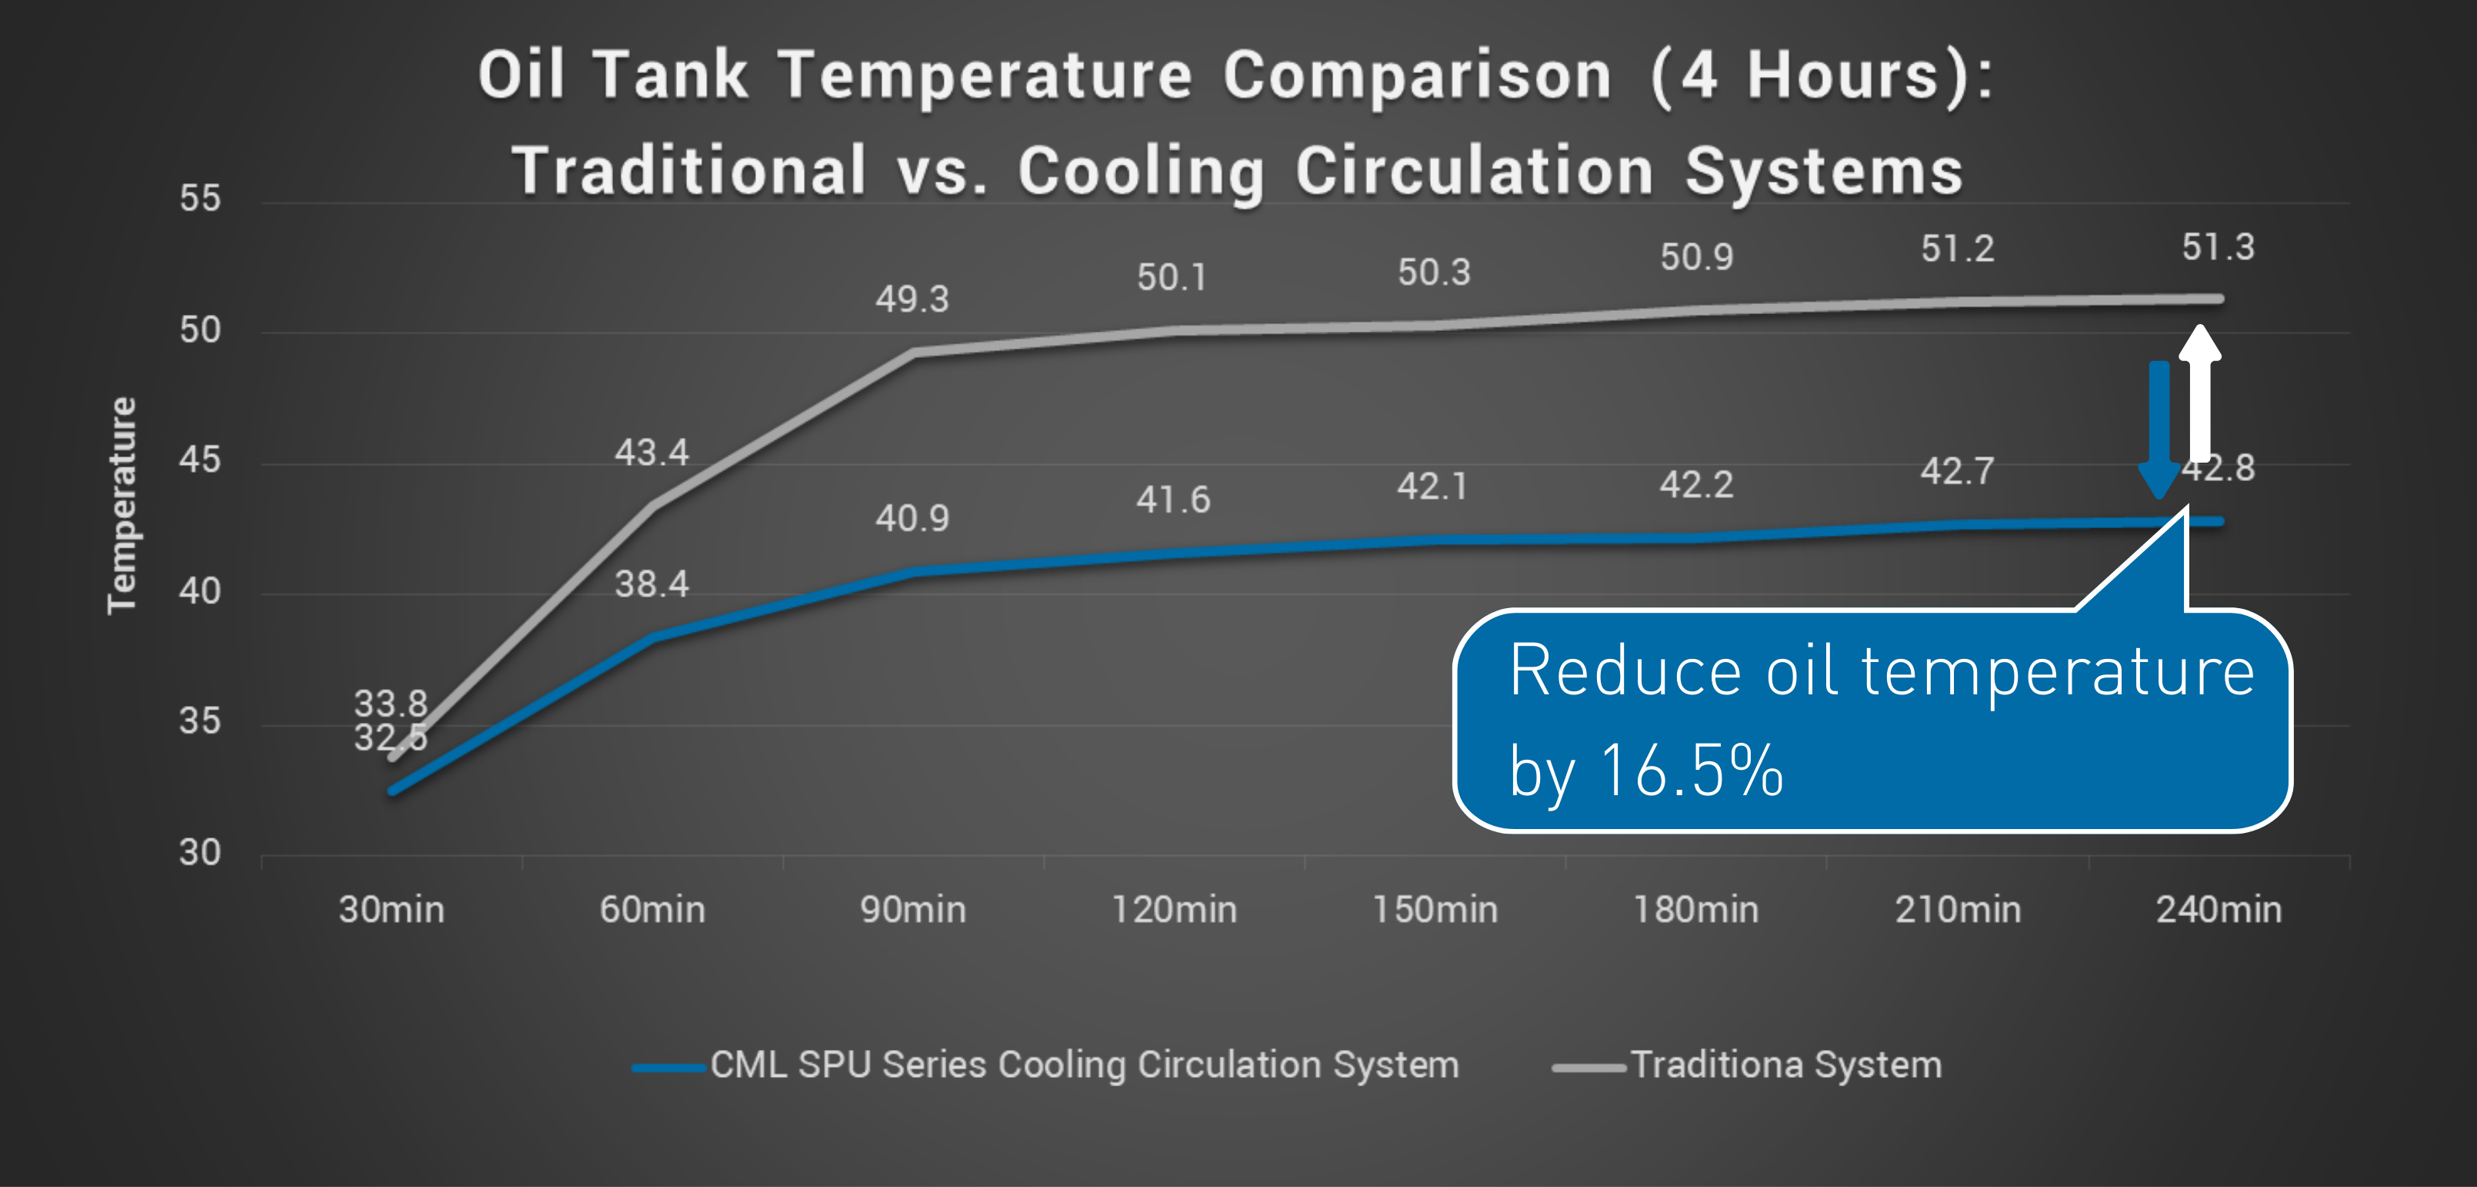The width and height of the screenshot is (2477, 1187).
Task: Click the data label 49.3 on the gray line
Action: (912, 299)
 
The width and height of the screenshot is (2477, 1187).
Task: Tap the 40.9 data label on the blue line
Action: (912, 519)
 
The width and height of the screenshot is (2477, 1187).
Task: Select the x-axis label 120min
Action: (1174, 909)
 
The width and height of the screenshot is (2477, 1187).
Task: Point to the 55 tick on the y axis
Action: (200, 198)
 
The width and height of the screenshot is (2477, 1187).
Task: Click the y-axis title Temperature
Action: (122, 505)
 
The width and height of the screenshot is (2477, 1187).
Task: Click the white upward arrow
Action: (2199, 394)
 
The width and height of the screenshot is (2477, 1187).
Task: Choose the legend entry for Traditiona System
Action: (1785, 1065)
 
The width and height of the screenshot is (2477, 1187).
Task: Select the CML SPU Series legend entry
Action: (1084, 1065)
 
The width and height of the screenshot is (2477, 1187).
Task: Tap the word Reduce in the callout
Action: (1624, 670)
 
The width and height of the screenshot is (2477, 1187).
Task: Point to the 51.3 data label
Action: (2217, 247)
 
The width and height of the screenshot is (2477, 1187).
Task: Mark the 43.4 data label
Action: (652, 452)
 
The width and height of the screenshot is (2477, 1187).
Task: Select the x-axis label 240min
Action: (2219, 909)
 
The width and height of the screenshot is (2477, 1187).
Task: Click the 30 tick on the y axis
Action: (200, 852)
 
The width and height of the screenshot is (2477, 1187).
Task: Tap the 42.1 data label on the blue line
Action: (1432, 487)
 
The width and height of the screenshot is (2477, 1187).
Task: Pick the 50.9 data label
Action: (1696, 257)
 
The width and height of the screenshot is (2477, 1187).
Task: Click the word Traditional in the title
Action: (688, 171)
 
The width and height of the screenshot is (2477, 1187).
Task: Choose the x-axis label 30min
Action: (392, 909)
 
